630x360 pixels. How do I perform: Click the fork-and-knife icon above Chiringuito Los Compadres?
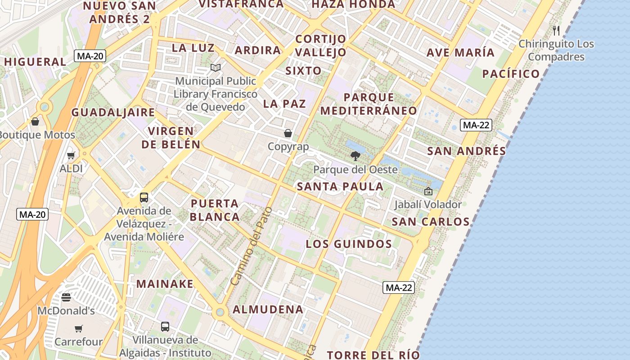pyautogui.click(x=556, y=31)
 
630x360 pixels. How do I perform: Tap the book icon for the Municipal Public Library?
pyautogui.click(x=216, y=68)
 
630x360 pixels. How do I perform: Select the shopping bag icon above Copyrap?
pyautogui.click(x=288, y=133)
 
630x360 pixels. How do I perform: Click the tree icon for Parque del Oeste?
pyautogui.click(x=355, y=156)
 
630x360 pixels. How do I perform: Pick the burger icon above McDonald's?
pyautogui.click(x=66, y=297)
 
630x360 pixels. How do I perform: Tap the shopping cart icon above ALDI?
pyautogui.click(x=71, y=156)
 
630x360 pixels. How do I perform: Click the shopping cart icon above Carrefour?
pyautogui.click(x=79, y=328)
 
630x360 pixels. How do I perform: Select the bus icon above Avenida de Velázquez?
pyautogui.click(x=144, y=197)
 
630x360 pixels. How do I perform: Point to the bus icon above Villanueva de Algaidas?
pyautogui.click(x=165, y=327)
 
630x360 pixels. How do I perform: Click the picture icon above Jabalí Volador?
pyautogui.click(x=428, y=191)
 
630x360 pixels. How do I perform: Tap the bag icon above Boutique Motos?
pyautogui.click(x=35, y=121)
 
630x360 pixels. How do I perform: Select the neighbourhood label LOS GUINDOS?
pyautogui.click(x=349, y=244)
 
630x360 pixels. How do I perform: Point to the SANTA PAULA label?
pyautogui.click(x=340, y=186)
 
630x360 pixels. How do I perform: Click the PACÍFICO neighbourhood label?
pyautogui.click(x=511, y=74)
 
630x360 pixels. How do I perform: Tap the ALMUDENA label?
pyautogui.click(x=268, y=310)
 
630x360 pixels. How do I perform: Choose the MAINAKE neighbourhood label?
pyautogui.click(x=165, y=284)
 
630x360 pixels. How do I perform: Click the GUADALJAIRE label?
pyautogui.click(x=113, y=112)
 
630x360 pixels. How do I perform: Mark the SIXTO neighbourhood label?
pyautogui.click(x=303, y=71)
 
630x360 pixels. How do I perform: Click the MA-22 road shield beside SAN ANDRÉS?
pyautogui.click(x=476, y=125)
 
